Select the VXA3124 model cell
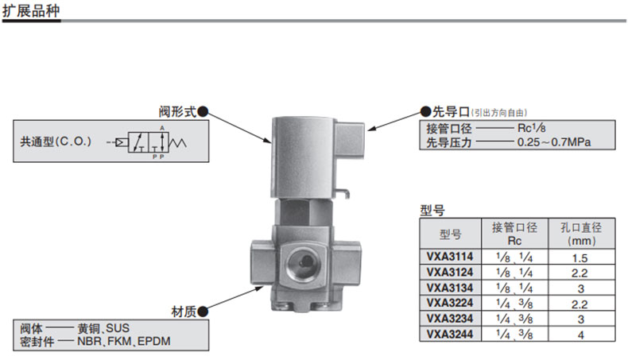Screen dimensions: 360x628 click(450, 273)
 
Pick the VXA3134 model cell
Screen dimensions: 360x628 click(450, 287)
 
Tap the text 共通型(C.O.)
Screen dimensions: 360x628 click(56, 142)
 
